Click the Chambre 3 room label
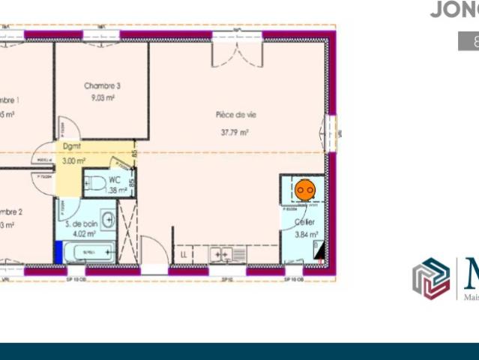click(102, 86)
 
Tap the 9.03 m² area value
click(102, 98)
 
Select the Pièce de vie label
click(236, 115)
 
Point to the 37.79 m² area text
click(235, 132)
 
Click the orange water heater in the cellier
click(304, 190)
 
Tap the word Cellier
click(304, 223)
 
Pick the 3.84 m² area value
click(307, 235)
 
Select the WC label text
click(115, 180)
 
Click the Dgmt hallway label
click(72, 147)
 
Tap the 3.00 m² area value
click(73, 160)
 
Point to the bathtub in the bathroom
click(88, 252)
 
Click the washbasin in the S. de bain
click(109, 220)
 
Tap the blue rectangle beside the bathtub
click(58, 251)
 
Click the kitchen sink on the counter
click(221, 256)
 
